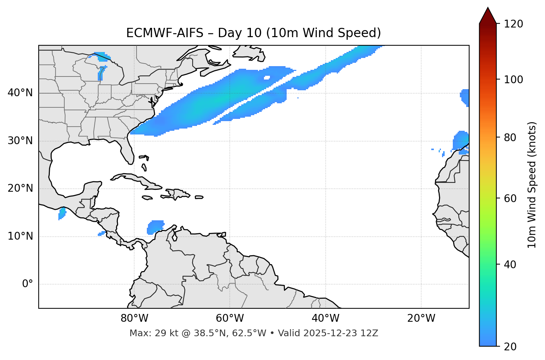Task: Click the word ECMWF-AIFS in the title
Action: coord(165,33)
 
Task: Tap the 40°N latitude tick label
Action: coord(20,93)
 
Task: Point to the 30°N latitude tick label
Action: coord(20,141)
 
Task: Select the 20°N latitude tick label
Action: coord(20,188)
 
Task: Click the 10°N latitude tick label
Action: coord(20,236)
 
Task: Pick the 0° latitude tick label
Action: coord(27,284)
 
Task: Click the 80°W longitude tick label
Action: coord(134,318)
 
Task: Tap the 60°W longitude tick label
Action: coord(230,318)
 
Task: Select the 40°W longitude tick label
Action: coord(325,318)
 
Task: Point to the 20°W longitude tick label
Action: coord(421,318)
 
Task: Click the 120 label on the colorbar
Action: coord(513,24)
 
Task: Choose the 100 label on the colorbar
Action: coord(513,80)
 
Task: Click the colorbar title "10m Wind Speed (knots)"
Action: coord(532,185)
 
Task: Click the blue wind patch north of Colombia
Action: coord(155,227)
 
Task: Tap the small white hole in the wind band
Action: coord(267,78)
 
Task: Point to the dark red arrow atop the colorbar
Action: coord(488,16)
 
